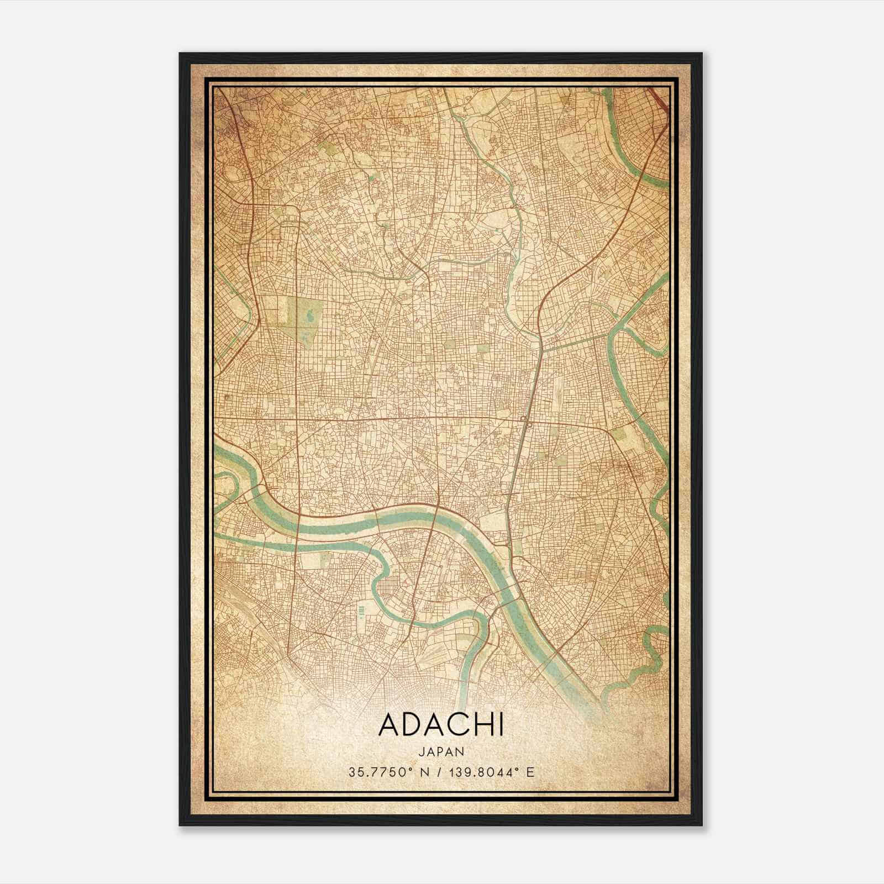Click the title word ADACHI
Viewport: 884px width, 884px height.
click(441, 725)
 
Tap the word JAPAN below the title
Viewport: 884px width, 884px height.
click(441, 751)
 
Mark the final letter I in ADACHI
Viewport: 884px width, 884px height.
click(501, 725)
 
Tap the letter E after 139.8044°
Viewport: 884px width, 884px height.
click(530, 772)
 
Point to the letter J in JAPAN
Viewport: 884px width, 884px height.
click(422, 751)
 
